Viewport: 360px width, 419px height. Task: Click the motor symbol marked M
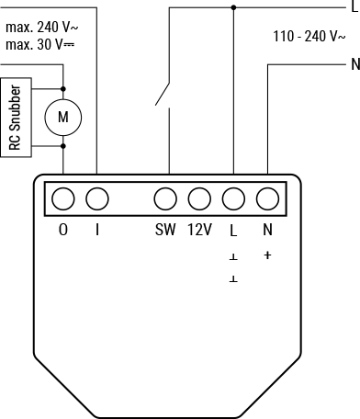pyautogui.click(x=62, y=118)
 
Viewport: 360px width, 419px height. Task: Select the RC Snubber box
pyautogui.click(x=16, y=118)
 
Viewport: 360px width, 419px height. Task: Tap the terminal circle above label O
pyautogui.click(x=62, y=198)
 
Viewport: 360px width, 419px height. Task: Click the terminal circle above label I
pyautogui.click(x=96, y=198)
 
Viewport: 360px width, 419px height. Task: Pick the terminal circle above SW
pyautogui.click(x=165, y=198)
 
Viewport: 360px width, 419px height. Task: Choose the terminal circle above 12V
pyautogui.click(x=199, y=198)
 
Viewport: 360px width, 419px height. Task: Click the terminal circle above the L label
pyautogui.click(x=233, y=198)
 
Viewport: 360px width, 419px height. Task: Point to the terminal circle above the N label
pyautogui.click(x=267, y=198)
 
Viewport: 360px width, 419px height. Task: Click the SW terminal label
pyautogui.click(x=165, y=230)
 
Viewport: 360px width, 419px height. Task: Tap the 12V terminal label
pyautogui.click(x=199, y=230)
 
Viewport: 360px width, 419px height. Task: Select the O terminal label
pyautogui.click(x=62, y=230)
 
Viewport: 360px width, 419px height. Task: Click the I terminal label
pyautogui.click(x=96, y=230)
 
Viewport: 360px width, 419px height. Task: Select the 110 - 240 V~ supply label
pyautogui.click(x=309, y=37)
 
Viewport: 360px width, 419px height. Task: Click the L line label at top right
pyautogui.click(x=354, y=7)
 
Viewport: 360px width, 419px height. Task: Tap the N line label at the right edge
pyautogui.click(x=354, y=65)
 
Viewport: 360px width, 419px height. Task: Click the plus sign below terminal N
pyautogui.click(x=267, y=255)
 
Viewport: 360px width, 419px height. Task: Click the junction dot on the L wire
pyautogui.click(x=233, y=7)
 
